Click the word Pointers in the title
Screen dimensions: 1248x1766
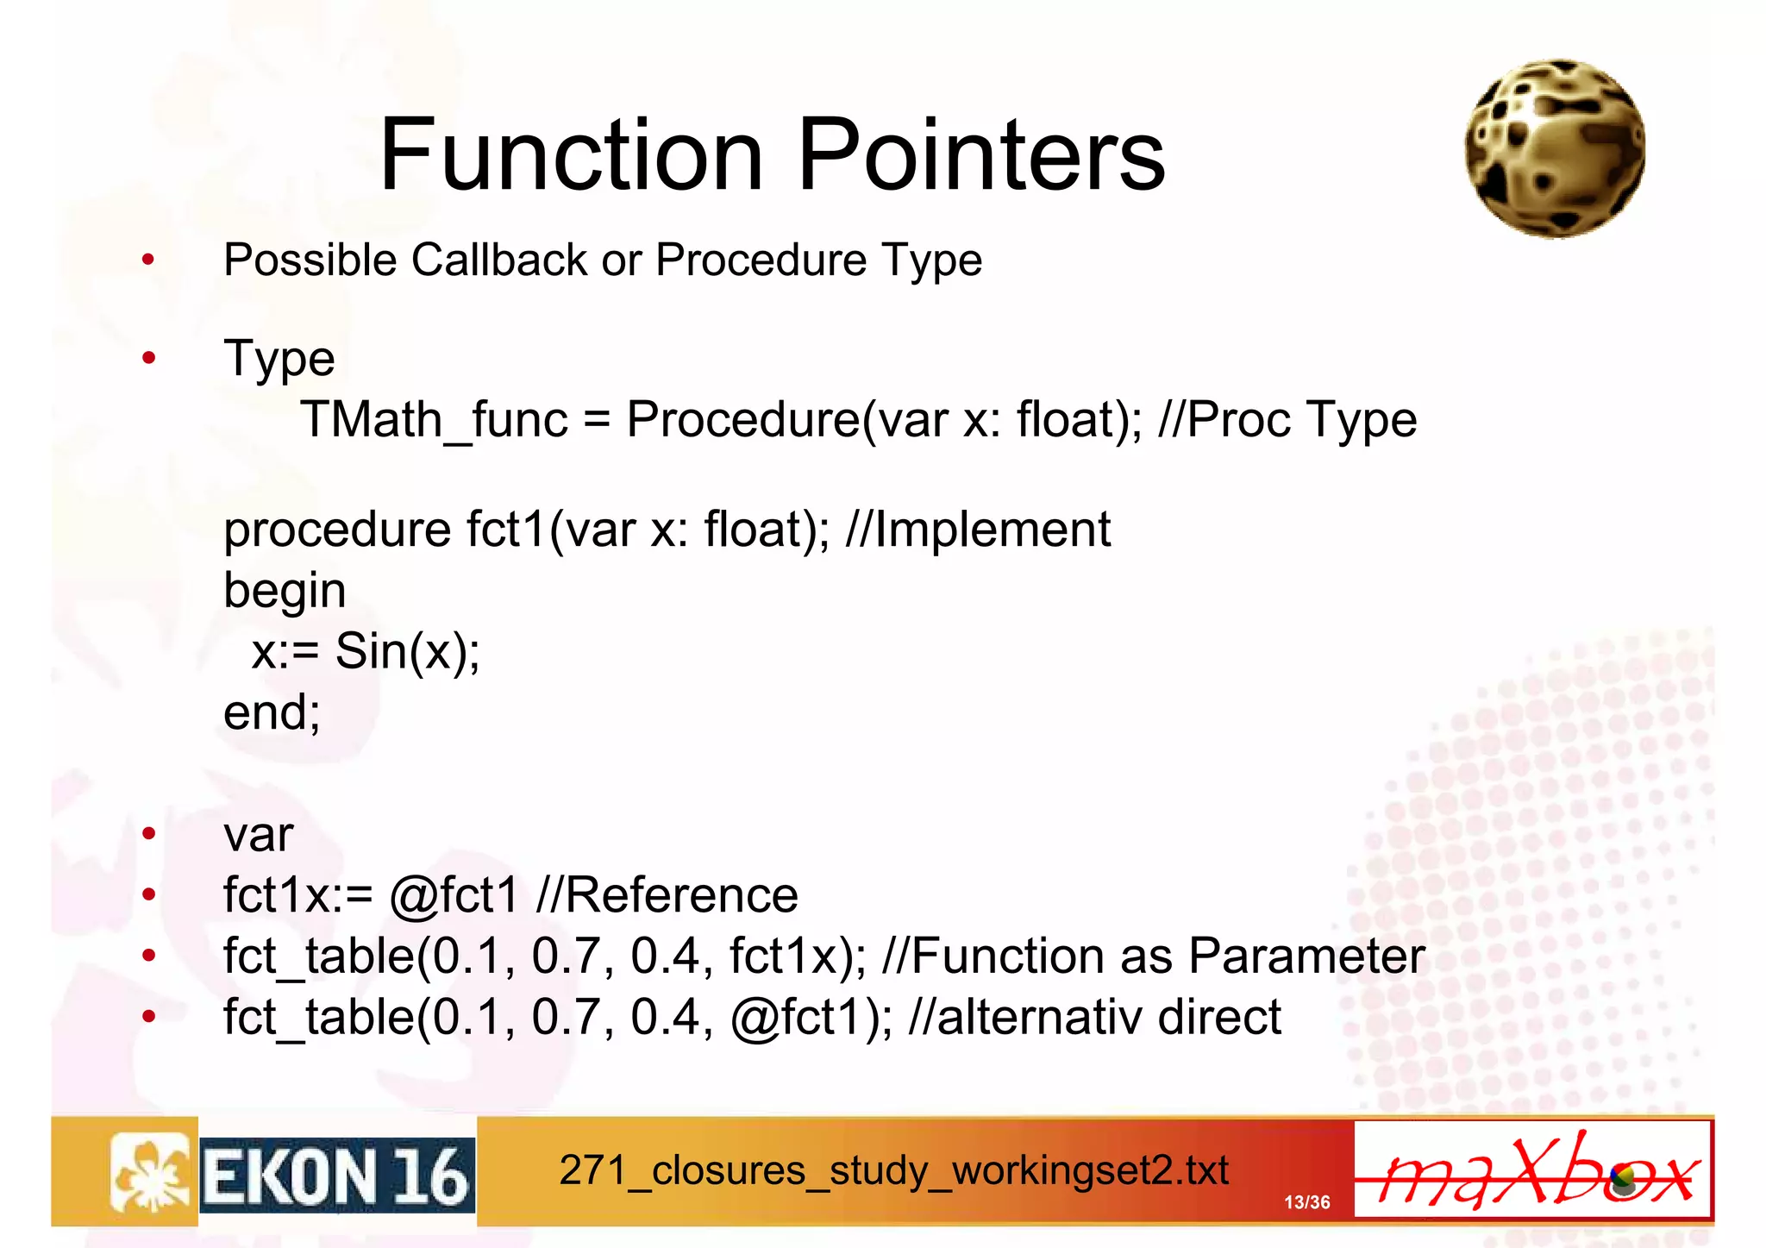tap(981, 155)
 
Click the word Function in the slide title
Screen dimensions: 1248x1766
tap(571, 155)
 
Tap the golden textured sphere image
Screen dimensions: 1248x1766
tap(1555, 148)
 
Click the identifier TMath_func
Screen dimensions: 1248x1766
tap(434, 421)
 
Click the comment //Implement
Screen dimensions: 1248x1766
tap(978, 529)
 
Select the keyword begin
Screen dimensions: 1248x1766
tap(285, 592)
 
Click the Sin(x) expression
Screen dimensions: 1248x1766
tap(405, 651)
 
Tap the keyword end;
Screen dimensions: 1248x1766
tap(272, 712)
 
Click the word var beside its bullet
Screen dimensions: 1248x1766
tap(258, 835)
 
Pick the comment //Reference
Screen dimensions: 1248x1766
tap(667, 895)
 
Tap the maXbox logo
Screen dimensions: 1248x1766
tap(1532, 1170)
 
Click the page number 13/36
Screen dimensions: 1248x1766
tap(1306, 1201)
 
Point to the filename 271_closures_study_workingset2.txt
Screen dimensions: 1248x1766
tap(893, 1171)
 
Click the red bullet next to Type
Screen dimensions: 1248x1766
tap(149, 358)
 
